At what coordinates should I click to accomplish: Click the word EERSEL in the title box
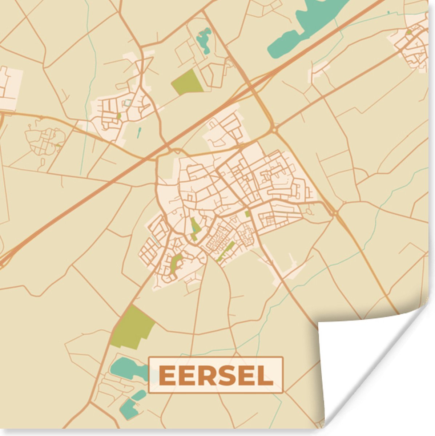216,375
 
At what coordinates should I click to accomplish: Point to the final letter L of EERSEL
266,375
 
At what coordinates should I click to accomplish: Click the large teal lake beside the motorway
305,25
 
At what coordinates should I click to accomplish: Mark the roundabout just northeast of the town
274,130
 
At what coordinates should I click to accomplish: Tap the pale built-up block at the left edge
8,87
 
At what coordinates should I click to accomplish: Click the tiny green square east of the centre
247,214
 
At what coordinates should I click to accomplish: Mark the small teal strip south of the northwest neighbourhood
139,132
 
